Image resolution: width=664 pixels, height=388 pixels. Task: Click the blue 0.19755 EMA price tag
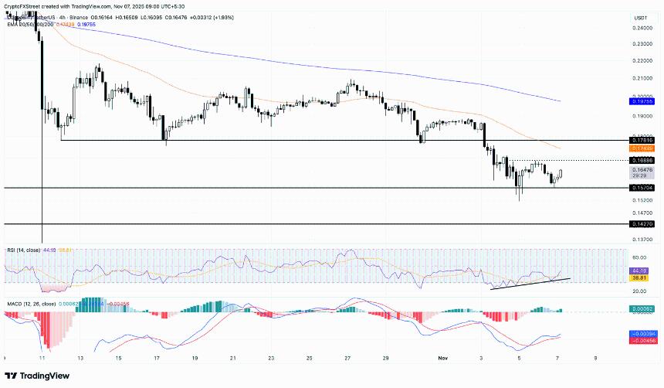(643, 100)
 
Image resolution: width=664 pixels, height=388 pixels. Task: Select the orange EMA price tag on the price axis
(643, 148)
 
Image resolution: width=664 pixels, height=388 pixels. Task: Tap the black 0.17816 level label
(643, 141)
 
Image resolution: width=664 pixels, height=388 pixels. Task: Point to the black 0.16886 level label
(643, 160)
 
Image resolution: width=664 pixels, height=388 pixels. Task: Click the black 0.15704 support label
(643, 188)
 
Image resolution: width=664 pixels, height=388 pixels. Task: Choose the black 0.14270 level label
(643, 224)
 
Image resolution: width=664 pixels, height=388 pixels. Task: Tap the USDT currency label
(640, 17)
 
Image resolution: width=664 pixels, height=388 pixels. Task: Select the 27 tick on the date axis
(347, 359)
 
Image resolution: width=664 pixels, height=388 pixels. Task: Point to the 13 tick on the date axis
(80, 359)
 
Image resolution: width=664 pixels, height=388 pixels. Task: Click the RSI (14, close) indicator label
(24, 250)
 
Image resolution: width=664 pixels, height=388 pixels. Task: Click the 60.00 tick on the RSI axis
(640, 258)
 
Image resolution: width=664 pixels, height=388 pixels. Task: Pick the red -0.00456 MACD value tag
(643, 340)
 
